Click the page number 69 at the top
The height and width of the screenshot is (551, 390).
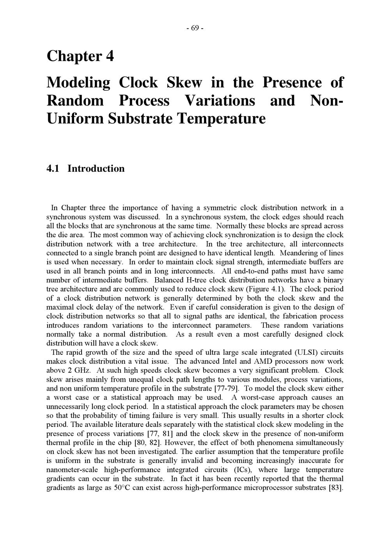coord(195,28)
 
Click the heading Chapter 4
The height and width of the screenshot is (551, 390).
coord(80,56)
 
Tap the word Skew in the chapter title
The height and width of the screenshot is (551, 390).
coord(184,83)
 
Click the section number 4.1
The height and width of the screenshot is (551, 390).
coord(53,169)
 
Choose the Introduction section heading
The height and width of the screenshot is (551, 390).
coord(96,169)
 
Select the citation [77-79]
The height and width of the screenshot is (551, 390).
coord(227,388)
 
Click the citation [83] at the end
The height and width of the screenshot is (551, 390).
coord(336,488)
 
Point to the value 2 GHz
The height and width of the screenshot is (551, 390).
coord(80,370)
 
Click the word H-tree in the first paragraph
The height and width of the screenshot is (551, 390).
coord(198,280)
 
